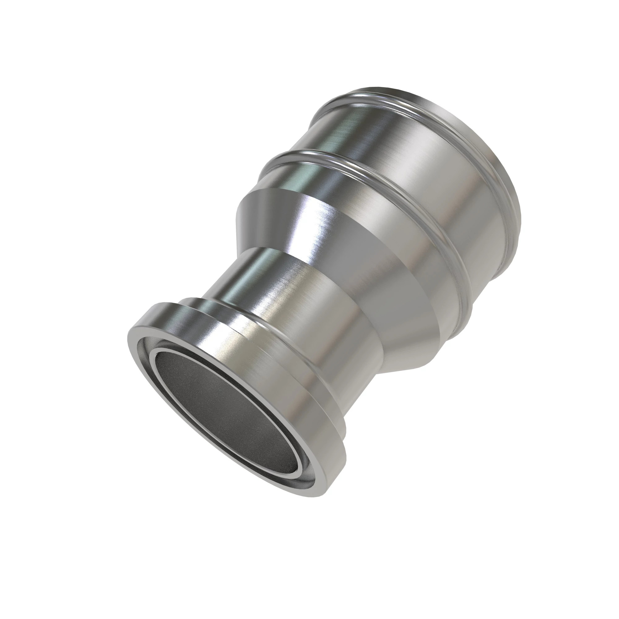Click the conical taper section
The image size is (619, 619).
320,231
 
